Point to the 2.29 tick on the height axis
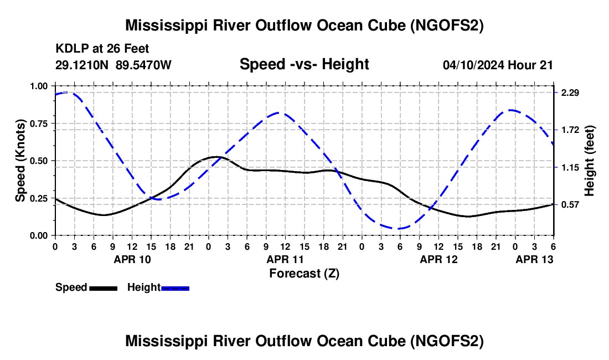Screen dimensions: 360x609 point(570,92)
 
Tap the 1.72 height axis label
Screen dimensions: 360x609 point(570,130)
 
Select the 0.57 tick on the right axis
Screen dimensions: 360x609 point(570,205)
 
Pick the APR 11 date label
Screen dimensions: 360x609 point(285,259)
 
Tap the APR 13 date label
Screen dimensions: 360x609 point(534,259)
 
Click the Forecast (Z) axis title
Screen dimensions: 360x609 point(304,273)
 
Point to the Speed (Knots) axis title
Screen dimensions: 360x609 point(20,161)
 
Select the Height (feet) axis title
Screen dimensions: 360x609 point(590,161)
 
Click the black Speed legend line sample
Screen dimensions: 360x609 point(104,288)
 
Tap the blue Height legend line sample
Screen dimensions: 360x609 point(176,288)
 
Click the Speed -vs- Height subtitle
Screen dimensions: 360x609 point(304,64)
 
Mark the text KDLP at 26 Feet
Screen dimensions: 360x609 point(102,49)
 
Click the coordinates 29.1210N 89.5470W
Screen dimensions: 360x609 point(113,65)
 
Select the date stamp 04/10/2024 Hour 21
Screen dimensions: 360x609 point(498,65)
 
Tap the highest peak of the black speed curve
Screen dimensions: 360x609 point(215,157)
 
